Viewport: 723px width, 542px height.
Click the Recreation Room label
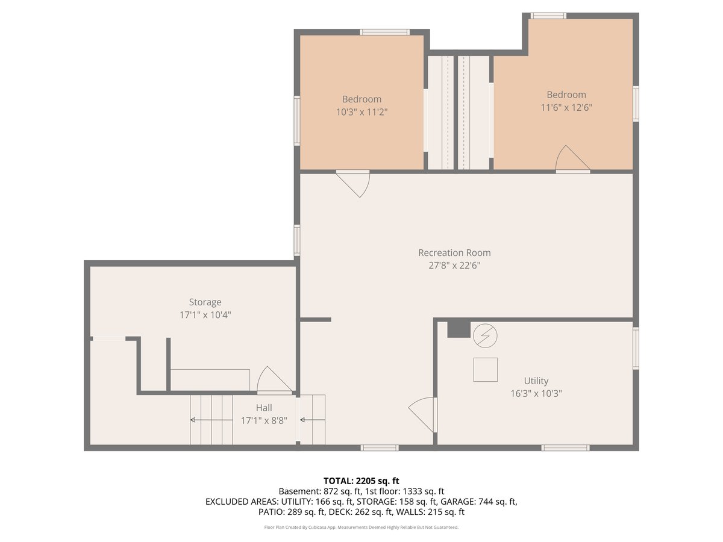coord(454,253)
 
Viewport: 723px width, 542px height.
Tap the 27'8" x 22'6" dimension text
coord(454,265)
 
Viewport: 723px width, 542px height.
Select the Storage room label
coord(205,302)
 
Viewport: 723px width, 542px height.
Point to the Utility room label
coord(536,381)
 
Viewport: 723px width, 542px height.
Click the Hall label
coord(264,408)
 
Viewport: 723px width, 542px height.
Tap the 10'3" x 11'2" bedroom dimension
coord(361,112)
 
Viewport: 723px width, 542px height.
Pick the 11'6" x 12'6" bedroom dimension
coord(566,108)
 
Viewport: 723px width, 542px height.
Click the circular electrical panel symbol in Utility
coord(485,335)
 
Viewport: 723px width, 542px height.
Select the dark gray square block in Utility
coord(459,329)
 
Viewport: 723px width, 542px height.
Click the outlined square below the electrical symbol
coord(485,370)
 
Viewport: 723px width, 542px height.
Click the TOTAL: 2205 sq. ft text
coord(361,481)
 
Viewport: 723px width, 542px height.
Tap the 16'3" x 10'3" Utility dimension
coord(536,393)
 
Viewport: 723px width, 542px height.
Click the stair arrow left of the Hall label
coord(211,420)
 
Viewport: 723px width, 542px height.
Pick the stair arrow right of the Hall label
coord(313,420)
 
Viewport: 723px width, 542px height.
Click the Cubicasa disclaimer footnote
coord(361,527)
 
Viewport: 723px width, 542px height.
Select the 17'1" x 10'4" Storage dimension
coord(205,315)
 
